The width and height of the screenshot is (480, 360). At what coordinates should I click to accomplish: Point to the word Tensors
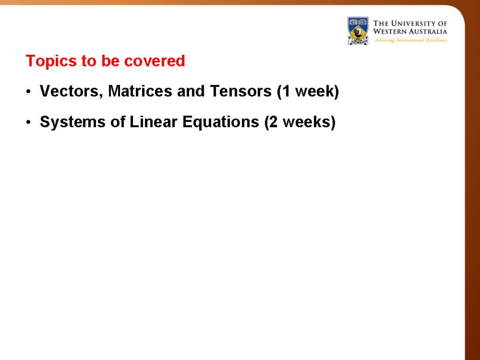(240, 92)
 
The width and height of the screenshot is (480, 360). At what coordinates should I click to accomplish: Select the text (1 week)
(308, 92)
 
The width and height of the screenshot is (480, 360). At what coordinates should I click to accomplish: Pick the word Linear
(154, 122)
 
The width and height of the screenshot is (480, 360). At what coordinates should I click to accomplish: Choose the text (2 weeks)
(300, 122)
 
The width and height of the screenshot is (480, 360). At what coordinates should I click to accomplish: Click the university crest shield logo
(358, 30)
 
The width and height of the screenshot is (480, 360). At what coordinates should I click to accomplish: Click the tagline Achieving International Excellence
(410, 40)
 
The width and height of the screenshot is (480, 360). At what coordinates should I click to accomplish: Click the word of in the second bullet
(118, 122)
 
